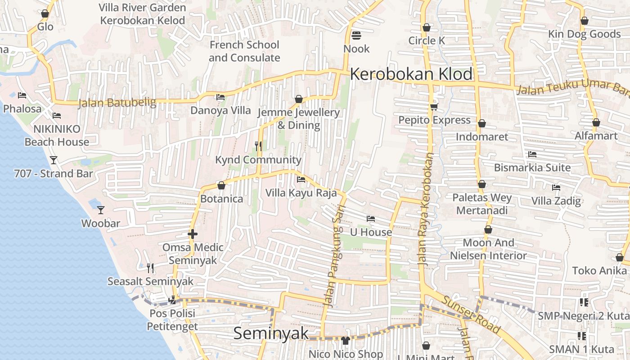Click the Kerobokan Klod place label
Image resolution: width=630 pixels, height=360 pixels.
[x=411, y=74]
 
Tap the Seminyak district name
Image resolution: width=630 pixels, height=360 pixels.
[x=271, y=333]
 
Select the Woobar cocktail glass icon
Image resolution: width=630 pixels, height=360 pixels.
[x=101, y=210]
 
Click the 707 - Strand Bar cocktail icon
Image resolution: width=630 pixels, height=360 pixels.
[x=54, y=160]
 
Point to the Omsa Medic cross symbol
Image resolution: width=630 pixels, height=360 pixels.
[x=193, y=234]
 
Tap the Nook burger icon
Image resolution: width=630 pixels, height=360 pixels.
[x=356, y=35]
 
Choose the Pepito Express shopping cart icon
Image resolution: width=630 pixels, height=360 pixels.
[x=434, y=107]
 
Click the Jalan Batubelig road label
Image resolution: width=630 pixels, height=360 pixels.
[x=117, y=103]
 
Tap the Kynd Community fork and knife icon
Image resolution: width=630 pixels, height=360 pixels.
[x=258, y=146]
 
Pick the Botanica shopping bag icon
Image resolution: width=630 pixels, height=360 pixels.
[x=221, y=185]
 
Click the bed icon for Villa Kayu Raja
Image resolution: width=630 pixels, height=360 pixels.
[x=301, y=180]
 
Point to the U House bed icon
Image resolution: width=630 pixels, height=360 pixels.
[x=371, y=219]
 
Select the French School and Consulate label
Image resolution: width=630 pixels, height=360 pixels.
[x=244, y=51]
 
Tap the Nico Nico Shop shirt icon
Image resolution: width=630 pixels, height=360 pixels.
[x=346, y=341]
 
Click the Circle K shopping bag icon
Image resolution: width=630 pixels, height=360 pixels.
[x=427, y=27]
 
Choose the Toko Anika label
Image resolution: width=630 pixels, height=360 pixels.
[x=599, y=270]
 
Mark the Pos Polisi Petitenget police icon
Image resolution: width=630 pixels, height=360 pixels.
[x=172, y=300]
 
